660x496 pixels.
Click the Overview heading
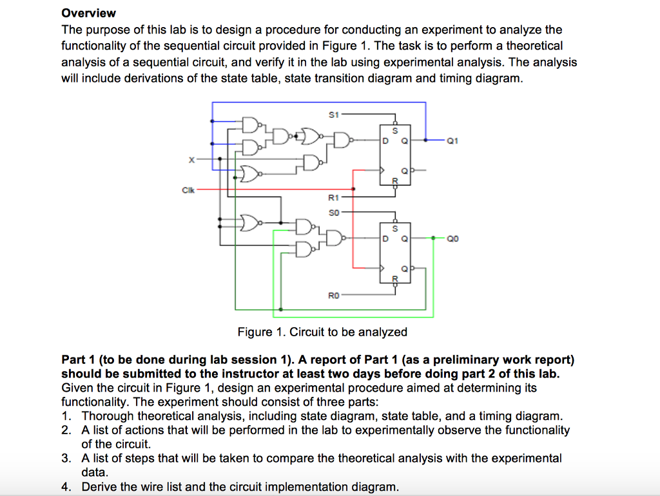[x=88, y=13]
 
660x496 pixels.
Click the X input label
[x=191, y=160]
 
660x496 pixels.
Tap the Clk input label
[x=188, y=190]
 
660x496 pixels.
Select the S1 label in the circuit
[x=333, y=115]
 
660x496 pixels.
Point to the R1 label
[x=333, y=197]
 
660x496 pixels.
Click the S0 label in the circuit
[x=333, y=213]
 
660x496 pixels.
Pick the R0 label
[x=333, y=296]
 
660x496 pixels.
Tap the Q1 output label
[x=452, y=141]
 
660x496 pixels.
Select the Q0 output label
[x=452, y=239]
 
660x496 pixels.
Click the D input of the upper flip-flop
[x=385, y=141]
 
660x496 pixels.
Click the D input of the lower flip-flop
[x=385, y=239]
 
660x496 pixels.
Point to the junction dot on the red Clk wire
[x=353, y=189]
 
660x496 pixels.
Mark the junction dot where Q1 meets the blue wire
[x=425, y=140]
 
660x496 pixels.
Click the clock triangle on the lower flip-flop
[x=382, y=268]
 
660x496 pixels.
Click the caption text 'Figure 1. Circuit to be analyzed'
[x=322, y=332]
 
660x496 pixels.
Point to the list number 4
[x=66, y=487]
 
